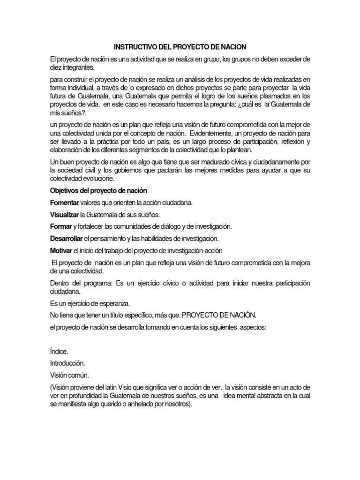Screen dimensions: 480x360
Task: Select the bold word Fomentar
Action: click(64, 202)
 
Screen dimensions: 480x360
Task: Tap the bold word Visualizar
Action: click(65, 215)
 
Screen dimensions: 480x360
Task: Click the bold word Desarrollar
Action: click(67, 238)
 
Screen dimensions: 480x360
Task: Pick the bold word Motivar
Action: click(61, 250)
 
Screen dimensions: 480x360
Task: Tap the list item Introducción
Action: click(67, 363)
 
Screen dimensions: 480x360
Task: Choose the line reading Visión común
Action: click(69, 375)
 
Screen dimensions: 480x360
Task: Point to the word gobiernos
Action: click(141, 170)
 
